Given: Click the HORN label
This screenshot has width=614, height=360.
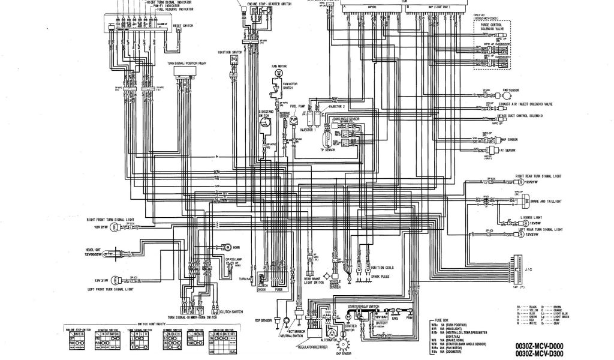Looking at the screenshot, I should click(x=237, y=247).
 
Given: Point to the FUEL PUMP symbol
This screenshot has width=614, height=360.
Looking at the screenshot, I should click(x=294, y=120).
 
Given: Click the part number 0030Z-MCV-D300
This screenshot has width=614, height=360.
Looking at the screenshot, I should click(x=540, y=353).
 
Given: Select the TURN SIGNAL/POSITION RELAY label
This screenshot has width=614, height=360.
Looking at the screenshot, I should click(x=183, y=62).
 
